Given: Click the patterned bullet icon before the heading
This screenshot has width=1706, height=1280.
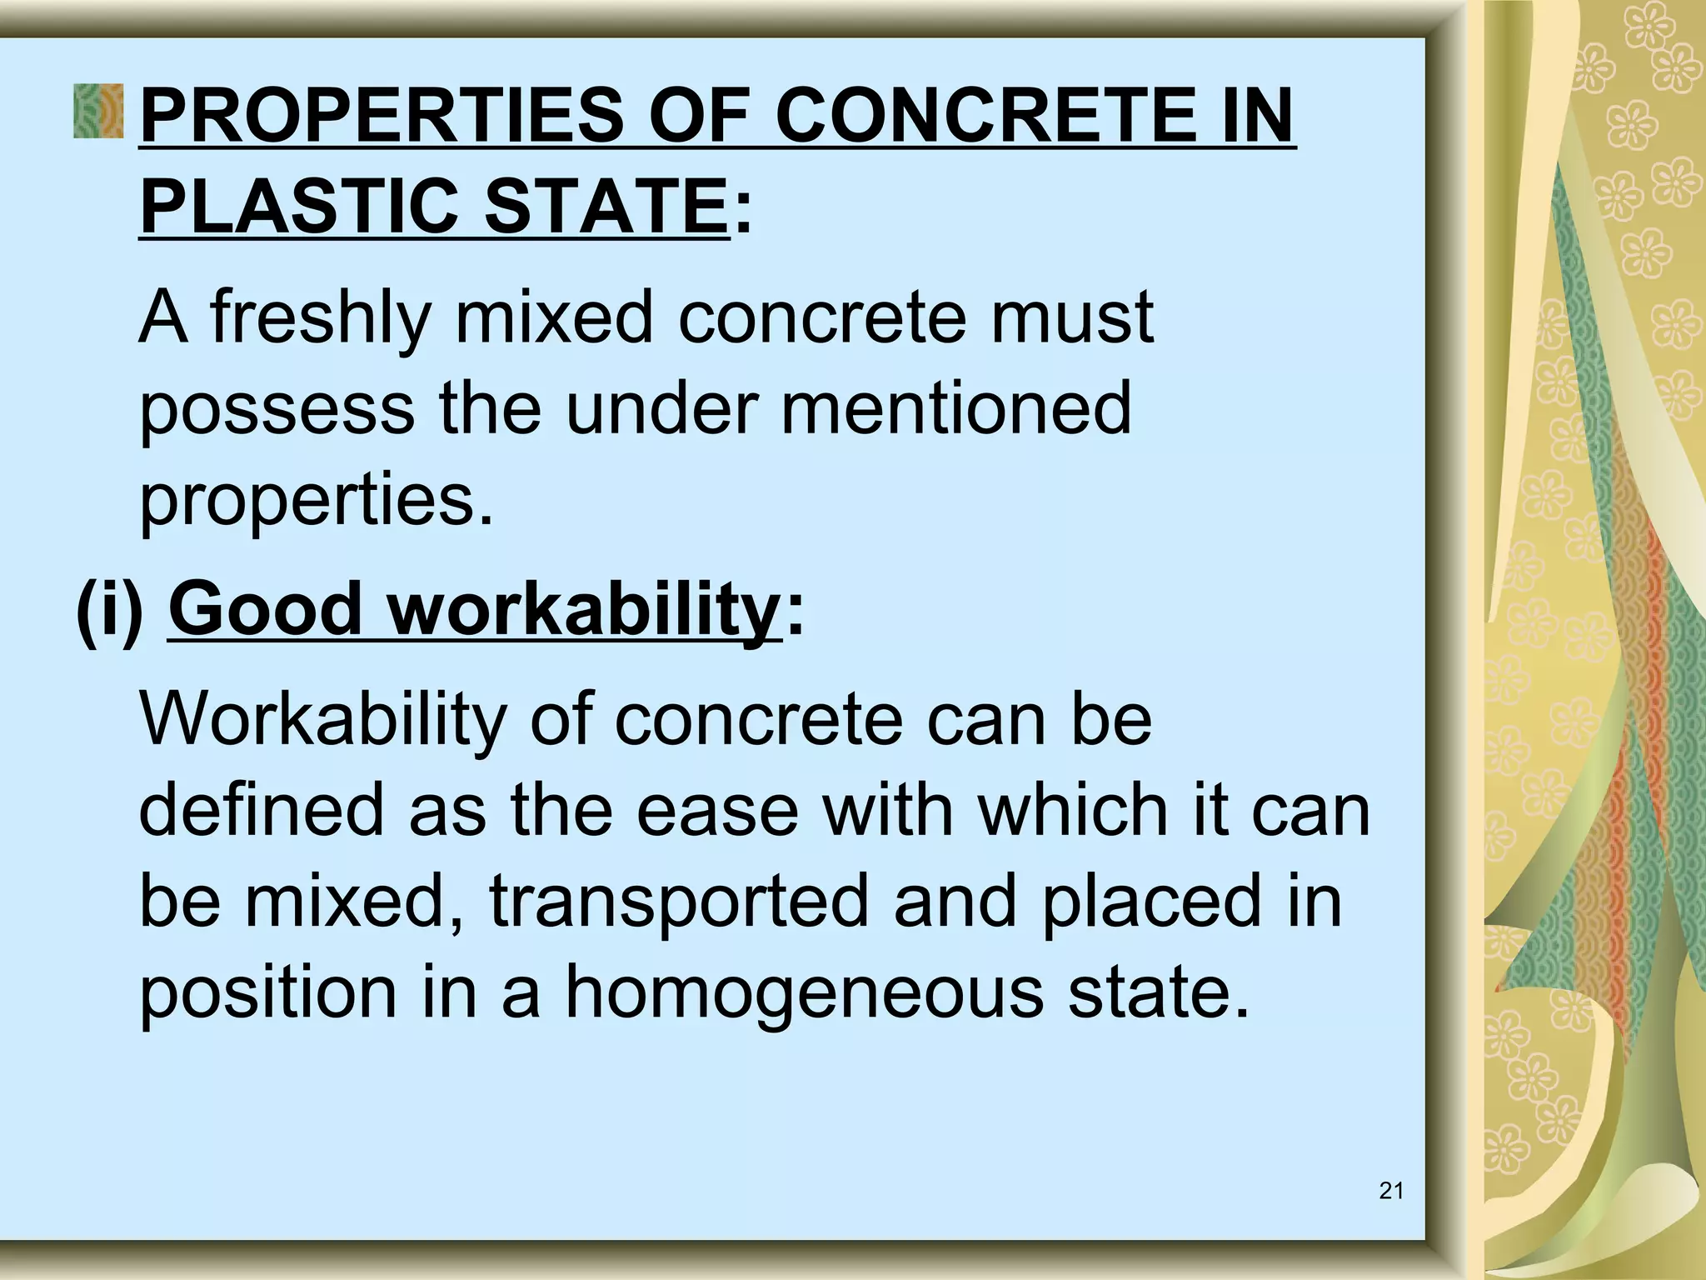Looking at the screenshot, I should pyautogui.click(x=97, y=111).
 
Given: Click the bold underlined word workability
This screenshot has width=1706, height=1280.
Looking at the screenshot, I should pyautogui.click(x=584, y=611).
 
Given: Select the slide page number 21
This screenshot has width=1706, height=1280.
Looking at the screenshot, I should pyautogui.click(x=1391, y=1191).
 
